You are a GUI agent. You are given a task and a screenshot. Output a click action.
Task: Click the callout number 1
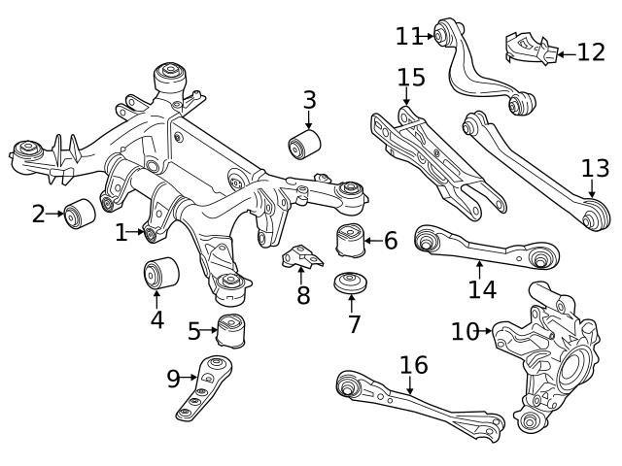pos(121,233)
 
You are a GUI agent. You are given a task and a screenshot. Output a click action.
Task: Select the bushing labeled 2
pos(78,213)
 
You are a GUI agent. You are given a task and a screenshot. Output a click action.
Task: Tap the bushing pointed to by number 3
pos(304,146)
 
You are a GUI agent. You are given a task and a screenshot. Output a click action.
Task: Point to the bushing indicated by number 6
pos(350,240)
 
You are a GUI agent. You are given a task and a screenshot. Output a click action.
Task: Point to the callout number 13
pos(595,169)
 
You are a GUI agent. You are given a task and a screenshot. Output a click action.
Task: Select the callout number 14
pos(482,288)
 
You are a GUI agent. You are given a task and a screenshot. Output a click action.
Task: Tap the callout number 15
pos(411,77)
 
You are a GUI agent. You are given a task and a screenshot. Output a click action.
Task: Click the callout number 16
pos(413,365)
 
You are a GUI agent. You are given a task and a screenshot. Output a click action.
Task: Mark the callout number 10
pos(466,332)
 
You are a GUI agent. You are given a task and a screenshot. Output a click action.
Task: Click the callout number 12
pos(590,51)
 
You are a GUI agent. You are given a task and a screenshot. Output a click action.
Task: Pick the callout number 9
pos(173,379)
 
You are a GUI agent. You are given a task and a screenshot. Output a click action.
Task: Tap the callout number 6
pos(391,240)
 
